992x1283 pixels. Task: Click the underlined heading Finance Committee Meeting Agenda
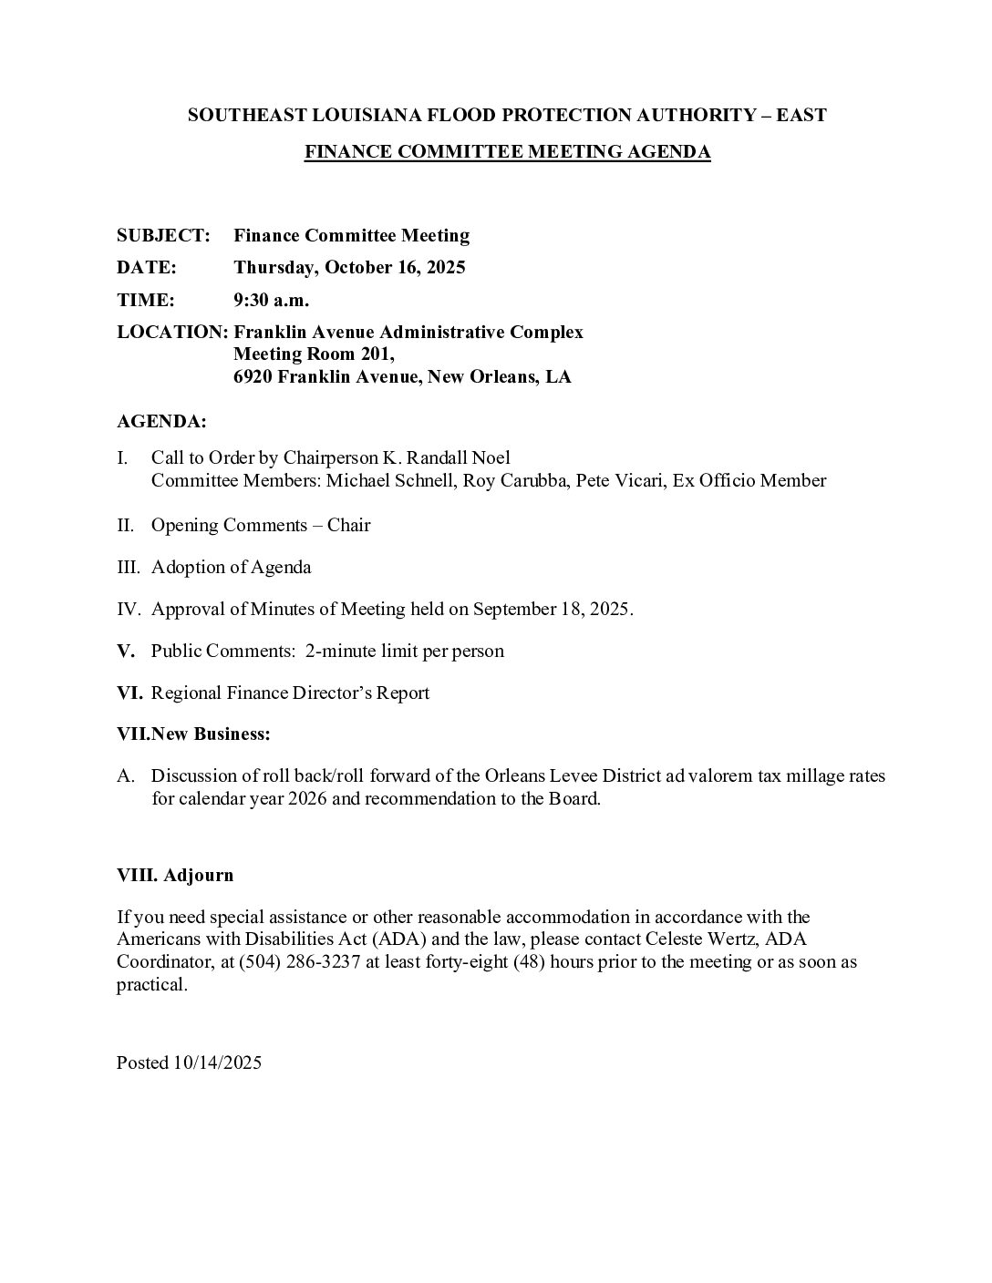coord(507,152)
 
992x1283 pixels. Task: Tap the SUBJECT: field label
coord(163,235)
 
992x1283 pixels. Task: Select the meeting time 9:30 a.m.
coord(271,300)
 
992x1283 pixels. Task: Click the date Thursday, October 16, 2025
coord(349,267)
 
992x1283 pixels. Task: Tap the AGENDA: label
coord(161,422)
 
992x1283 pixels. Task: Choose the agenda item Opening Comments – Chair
coord(261,525)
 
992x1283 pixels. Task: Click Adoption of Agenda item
coord(231,567)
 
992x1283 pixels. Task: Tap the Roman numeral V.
coord(125,651)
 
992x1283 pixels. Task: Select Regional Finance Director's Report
coord(290,693)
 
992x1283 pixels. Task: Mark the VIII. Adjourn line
coord(175,875)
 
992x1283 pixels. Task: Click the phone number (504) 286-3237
coord(295,961)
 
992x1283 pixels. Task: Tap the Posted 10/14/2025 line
coord(189,1062)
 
